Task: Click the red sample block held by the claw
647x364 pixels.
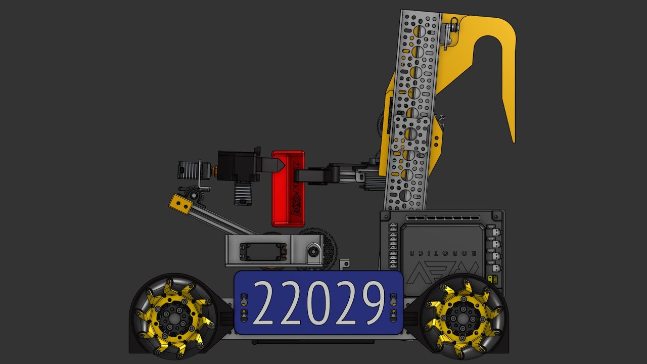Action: pyautogui.click(x=288, y=189)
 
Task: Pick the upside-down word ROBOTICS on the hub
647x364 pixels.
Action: pyautogui.click(x=436, y=252)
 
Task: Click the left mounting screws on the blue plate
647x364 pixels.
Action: pyautogui.click(x=244, y=308)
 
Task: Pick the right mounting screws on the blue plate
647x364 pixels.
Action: pyautogui.click(x=393, y=308)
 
